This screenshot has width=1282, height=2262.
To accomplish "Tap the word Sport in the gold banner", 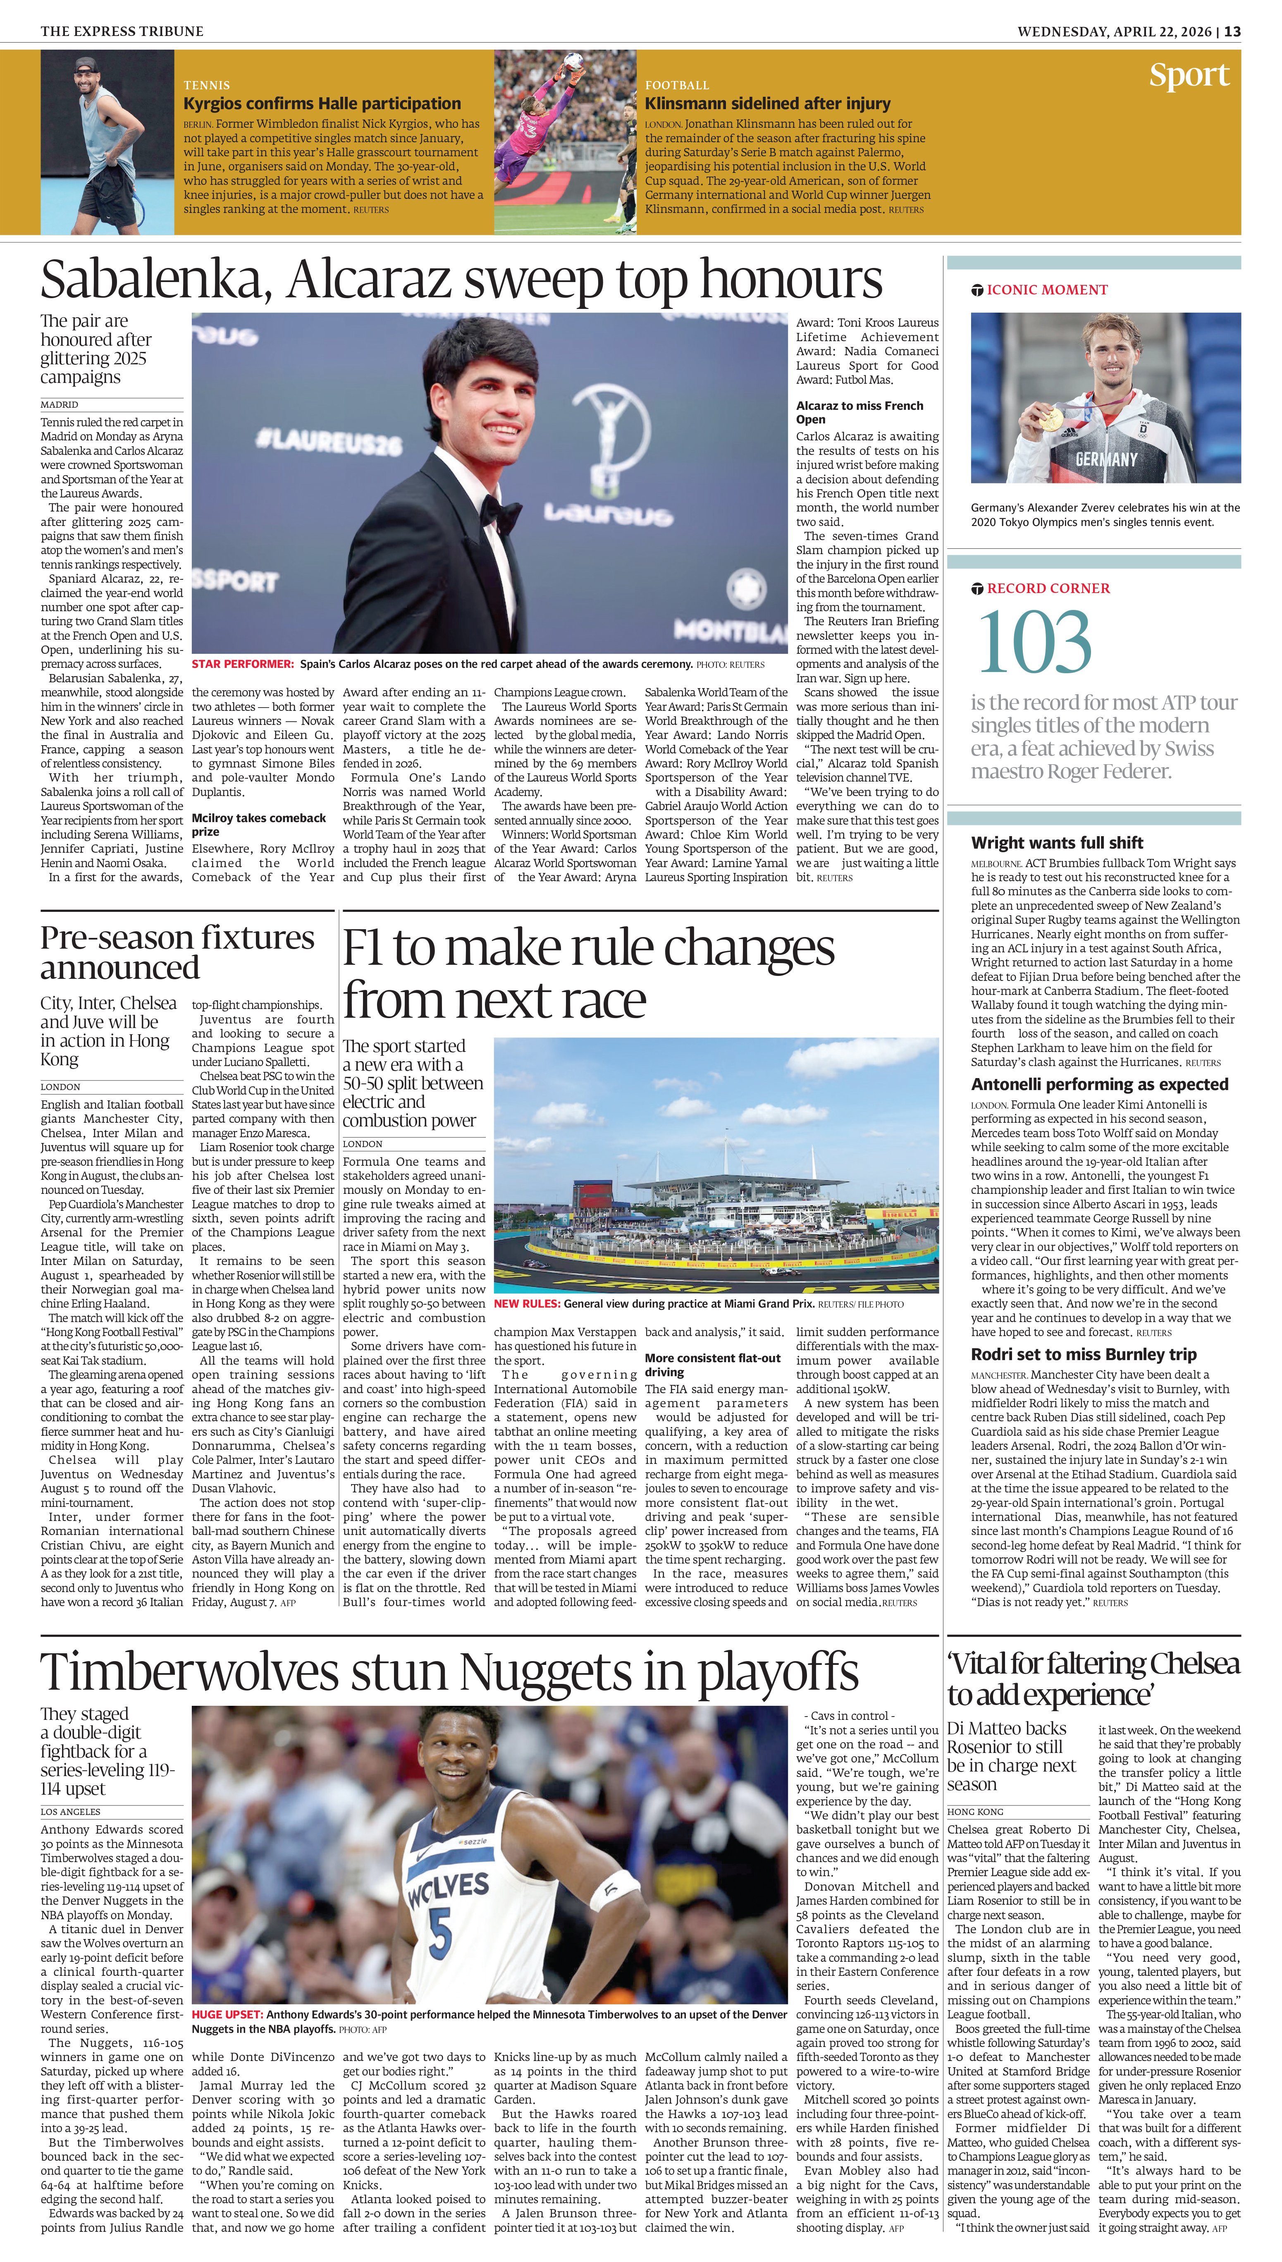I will pos(1189,76).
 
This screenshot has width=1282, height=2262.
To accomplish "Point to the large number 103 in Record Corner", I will pos(1035,643).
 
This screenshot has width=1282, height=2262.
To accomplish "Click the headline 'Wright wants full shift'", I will pos(1057,843).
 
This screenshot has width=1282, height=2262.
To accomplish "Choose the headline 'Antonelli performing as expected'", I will pos(1099,1085).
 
